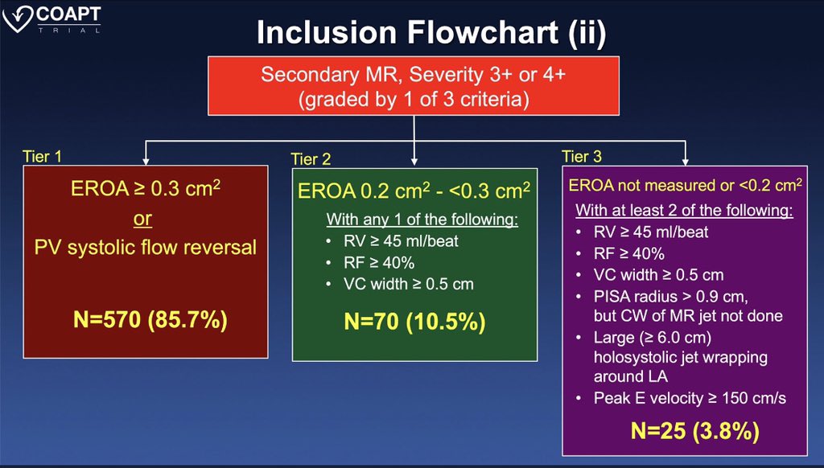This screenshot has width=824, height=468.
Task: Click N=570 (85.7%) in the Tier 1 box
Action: tap(146, 320)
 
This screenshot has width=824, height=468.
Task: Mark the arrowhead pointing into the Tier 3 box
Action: tap(685, 158)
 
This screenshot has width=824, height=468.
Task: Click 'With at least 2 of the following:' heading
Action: tap(684, 212)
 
